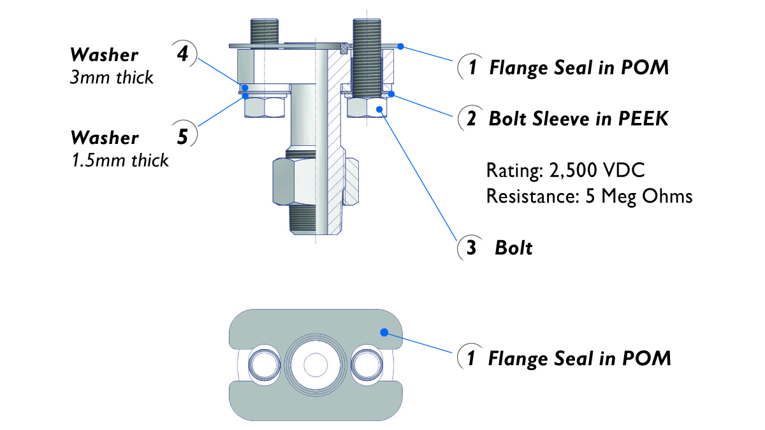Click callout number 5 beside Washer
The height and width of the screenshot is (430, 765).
point(182,136)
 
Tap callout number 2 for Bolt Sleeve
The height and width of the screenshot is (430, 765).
point(470,118)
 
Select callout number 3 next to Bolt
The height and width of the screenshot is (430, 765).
point(470,248)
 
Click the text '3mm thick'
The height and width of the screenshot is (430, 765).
point(112,77)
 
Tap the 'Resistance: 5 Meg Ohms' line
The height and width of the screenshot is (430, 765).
point(589,196)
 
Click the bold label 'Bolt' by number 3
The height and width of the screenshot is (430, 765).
point(513,248)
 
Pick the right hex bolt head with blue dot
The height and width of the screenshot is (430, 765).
point(368,108)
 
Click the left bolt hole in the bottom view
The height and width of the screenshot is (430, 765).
point(263,365)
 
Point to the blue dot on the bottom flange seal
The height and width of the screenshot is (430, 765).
point(384,331)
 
